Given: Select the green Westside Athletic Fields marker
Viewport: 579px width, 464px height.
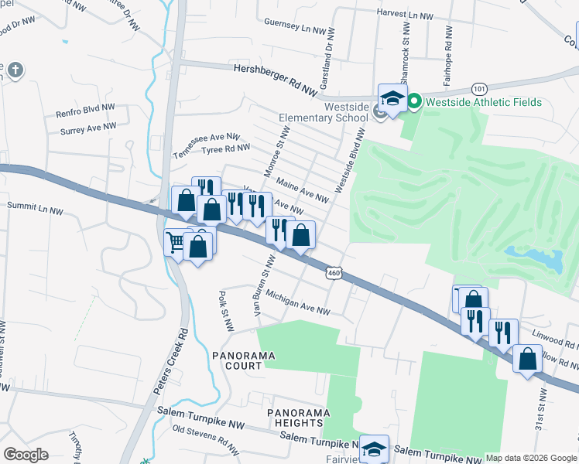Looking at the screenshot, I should pyautogui.click(x=414, y=101).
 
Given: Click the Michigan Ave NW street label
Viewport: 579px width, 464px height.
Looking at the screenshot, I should pyautogui.click(x=298, y=303).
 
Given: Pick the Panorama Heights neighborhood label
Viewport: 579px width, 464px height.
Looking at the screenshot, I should pyautogui.click(x=295, y=418).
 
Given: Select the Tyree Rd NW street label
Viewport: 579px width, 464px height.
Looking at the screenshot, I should pyautogui.click(x=225, y=148).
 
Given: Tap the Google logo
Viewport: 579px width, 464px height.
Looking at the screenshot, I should pyautogui.click(x=26, y=455).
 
